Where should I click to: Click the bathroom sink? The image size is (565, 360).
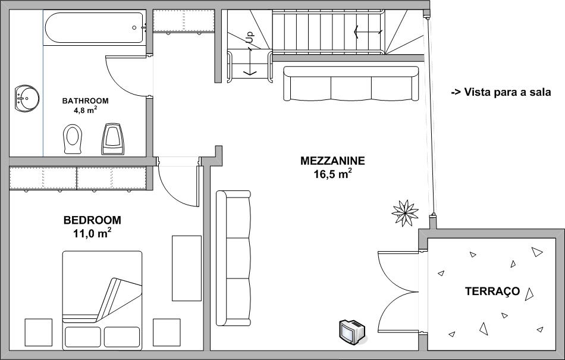tap(27, 98)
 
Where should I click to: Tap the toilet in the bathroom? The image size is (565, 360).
tap(73, 139)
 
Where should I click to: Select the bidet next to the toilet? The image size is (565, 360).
tap(113, 139)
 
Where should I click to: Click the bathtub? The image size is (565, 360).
tap(95, 28)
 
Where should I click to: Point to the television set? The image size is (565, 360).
tap(352, 331)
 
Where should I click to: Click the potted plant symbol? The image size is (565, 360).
tap(405, 213)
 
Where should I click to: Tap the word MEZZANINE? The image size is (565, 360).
tap(332, 161)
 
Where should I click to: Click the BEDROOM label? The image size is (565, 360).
tap(92, 220)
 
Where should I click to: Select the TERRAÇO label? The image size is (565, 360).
tap(492, 291)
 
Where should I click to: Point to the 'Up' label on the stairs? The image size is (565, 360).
tap(250, 37)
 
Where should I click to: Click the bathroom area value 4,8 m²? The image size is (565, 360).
tap(86, 110)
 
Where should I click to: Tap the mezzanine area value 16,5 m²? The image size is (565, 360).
tap(332, 174)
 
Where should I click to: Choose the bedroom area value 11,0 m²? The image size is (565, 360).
tap(92, 233)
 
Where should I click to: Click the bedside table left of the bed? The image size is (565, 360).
tap(38, 332)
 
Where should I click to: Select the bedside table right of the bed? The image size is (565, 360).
tap(167, 332)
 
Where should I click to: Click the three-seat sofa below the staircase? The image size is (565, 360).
tap(351, 84)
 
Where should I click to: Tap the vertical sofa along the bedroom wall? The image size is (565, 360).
tap(234, 258)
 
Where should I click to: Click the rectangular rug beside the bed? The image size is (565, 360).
tap(187, 268)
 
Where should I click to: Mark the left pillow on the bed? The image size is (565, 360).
tap(83, 337)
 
